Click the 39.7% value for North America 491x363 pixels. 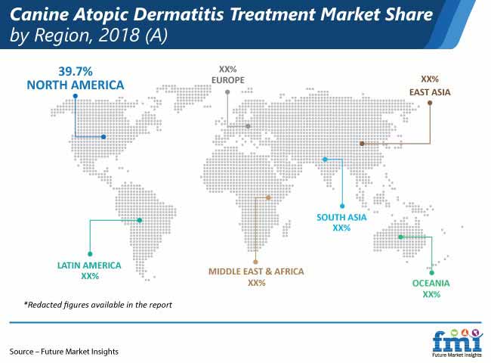76,71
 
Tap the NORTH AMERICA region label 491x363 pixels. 76,85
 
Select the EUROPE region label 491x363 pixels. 228,80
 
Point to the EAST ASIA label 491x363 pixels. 430,92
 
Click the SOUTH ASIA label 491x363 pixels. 341,217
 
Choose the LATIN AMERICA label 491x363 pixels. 89,265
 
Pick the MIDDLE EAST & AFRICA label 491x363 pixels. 256,271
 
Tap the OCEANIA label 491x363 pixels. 431,284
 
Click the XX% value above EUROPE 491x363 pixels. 227,69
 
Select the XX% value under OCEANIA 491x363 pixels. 431,294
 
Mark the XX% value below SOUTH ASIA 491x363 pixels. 341,228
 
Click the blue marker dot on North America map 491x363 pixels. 103,137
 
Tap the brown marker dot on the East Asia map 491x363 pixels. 362,144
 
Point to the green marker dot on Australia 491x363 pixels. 400,237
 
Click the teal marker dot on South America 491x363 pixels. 140,220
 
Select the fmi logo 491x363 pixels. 457,343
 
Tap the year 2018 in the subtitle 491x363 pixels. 119,35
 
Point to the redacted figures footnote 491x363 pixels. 98,305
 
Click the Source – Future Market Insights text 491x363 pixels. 64,352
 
